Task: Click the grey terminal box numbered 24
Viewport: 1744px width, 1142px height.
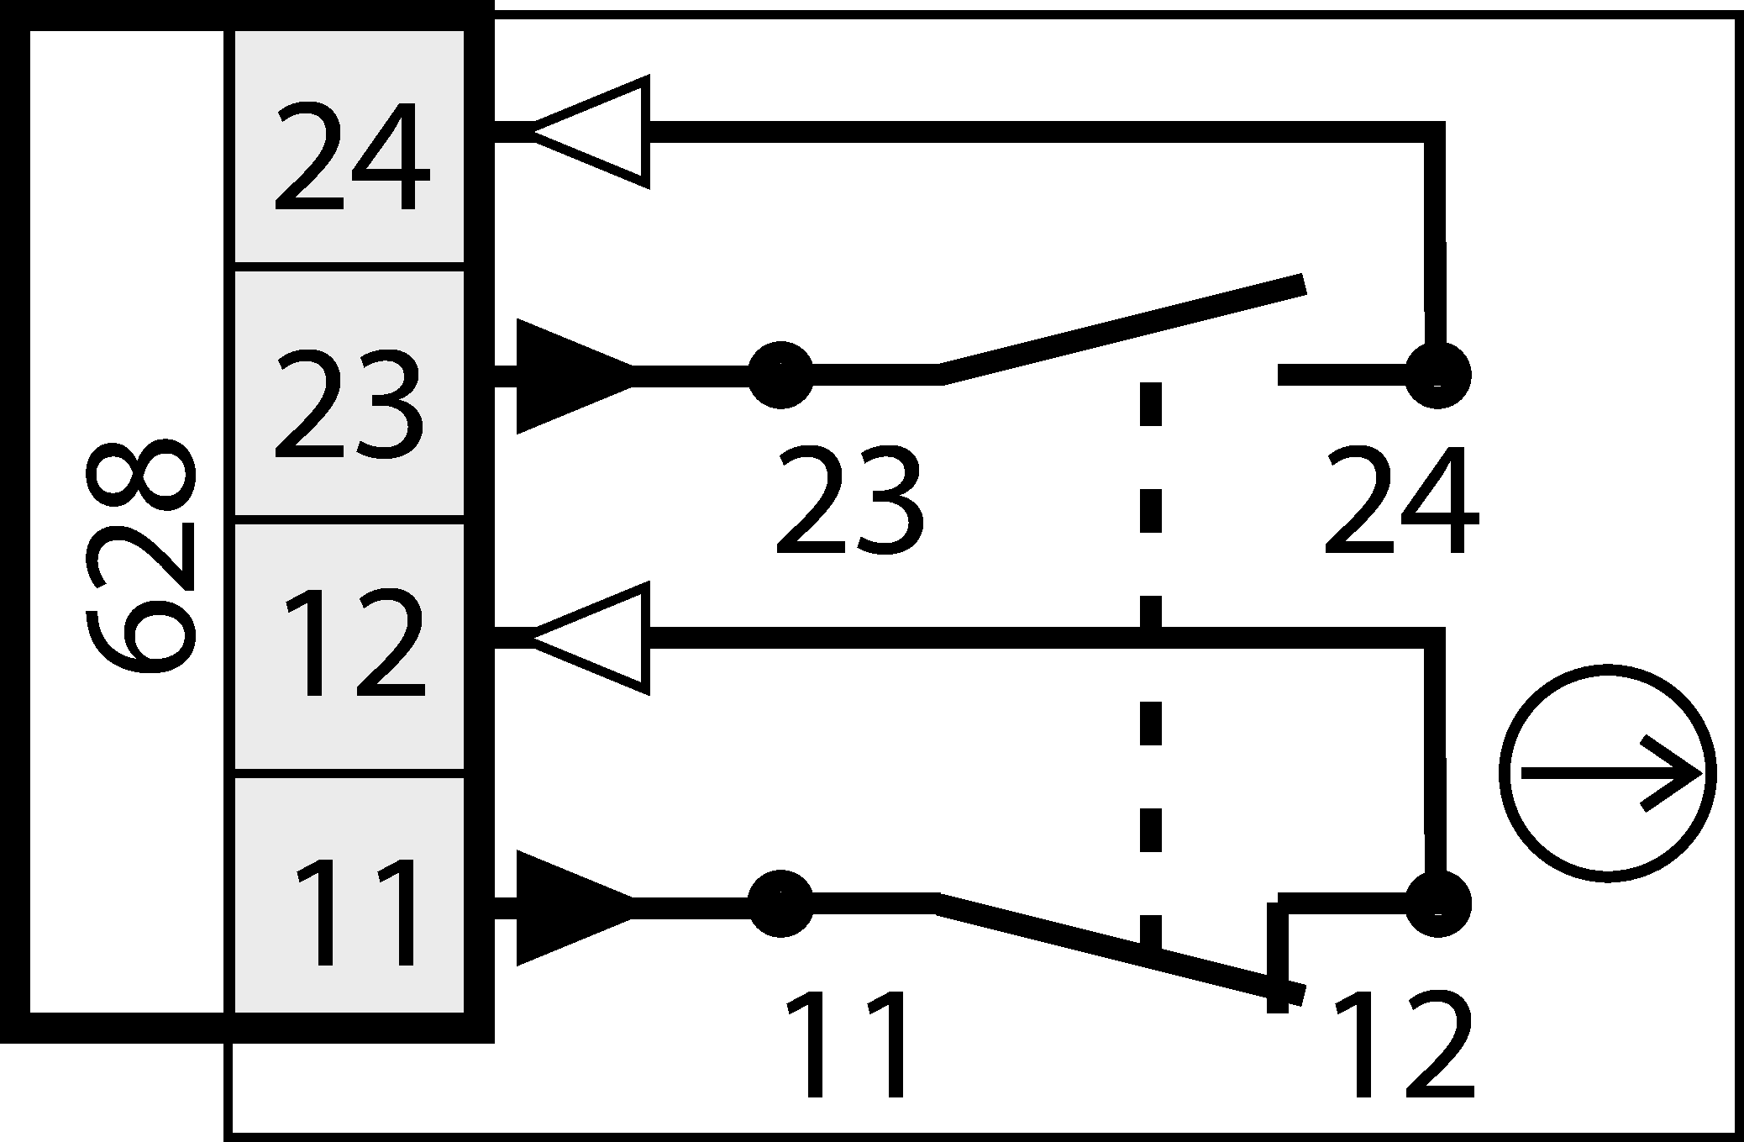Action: coord(349,147)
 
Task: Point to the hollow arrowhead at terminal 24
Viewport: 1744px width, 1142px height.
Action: coord(592,132)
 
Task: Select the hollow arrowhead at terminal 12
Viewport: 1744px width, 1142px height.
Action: coord(592,638)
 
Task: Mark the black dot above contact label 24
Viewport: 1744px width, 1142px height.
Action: coord(1437,375)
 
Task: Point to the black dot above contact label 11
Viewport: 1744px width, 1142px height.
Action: coord(780,904)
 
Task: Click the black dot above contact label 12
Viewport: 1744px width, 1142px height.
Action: coord(1437,904)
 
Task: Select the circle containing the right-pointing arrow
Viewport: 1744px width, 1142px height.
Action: coord(1608,773)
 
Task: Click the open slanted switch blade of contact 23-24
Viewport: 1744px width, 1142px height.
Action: coord(1122,329)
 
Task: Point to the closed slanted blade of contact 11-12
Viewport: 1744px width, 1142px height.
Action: coord(1117,948)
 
